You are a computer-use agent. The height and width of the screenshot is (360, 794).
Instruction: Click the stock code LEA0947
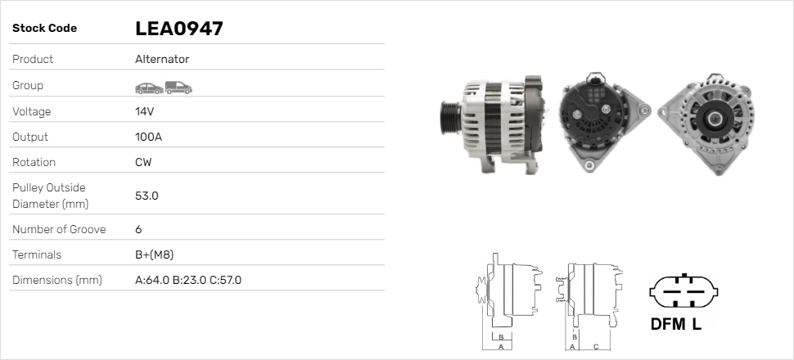coord(178,29)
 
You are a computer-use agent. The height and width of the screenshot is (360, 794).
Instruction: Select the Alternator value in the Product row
coord(162,59)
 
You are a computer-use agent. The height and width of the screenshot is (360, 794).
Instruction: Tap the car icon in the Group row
coord(149,88)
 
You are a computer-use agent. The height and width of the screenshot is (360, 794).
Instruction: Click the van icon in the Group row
coord(178,88)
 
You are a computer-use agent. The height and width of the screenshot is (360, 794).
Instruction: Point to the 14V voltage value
coord(144,111)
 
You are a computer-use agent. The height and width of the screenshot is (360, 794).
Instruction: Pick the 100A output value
coord(148,137)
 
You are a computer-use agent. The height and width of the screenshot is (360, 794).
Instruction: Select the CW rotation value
coord(143,162)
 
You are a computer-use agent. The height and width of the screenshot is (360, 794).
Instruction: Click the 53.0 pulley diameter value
coord(147,196)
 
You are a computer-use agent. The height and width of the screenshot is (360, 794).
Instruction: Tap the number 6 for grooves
coord(139,229)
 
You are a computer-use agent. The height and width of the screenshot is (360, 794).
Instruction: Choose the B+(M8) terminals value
coord(155,254)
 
